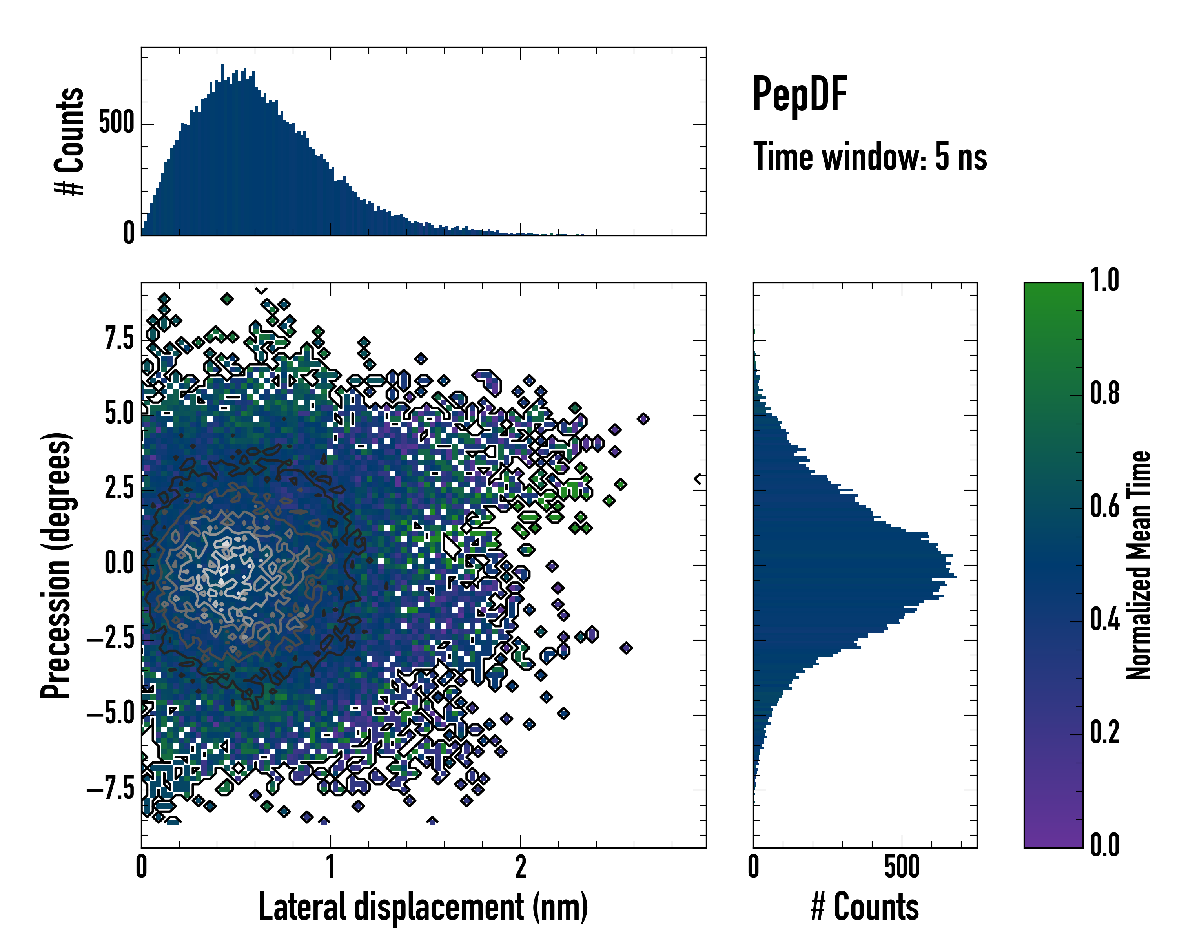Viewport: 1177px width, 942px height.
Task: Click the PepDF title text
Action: tap(800, 95)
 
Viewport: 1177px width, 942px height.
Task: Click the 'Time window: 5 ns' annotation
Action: tap(870, 157)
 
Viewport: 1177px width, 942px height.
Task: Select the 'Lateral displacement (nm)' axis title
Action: tap(423, 907)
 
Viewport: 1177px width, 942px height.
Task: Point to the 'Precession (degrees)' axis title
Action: tap(56, 565)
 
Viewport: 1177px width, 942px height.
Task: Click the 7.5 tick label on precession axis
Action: tap(119, 339)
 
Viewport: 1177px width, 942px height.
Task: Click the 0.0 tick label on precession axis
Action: tap(119, 564)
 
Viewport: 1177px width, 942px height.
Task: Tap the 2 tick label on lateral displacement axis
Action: tap(521, 867)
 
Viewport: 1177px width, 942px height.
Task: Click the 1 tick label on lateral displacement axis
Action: tap(331, 867)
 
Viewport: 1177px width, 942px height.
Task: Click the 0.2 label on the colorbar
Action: tap(1105, 733)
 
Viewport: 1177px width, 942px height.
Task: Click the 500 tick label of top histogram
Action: tap(116, 123)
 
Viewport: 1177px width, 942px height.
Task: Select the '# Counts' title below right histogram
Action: tap(865, 907)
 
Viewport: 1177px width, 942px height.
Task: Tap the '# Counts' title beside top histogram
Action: tap(70, 141)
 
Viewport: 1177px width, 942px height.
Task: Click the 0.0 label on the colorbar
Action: tap(1105, 845)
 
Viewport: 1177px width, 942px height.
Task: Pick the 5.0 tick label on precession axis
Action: tap(119, 414)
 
